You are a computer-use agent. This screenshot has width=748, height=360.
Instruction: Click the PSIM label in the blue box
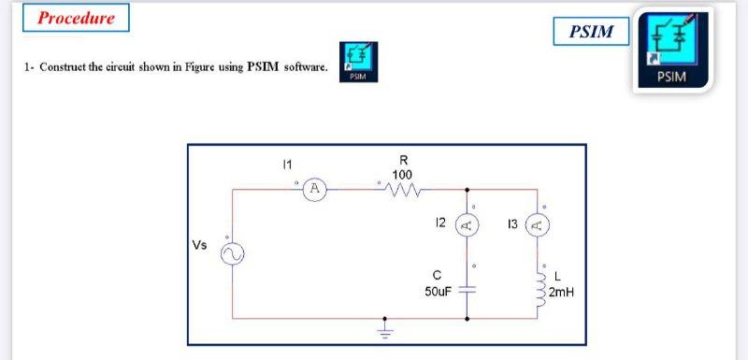[592, 32]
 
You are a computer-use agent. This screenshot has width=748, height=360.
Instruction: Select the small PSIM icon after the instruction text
[359, 61]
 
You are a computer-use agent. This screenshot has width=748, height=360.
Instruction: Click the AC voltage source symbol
[231, 253]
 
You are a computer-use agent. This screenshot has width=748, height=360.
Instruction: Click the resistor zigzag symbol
[403, 190]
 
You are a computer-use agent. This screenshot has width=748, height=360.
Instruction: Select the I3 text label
[511, 223]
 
